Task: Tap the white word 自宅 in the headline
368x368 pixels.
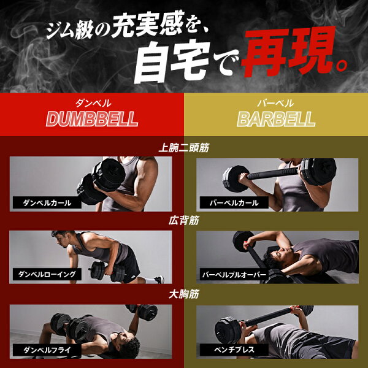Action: (x=172, y=62)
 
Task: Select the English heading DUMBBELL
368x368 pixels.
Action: (x=92, y=119)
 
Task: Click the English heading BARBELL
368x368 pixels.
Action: (x=276, y=119)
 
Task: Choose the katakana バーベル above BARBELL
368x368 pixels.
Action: (x=275, y=103)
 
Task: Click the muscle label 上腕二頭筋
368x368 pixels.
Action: (x=184, y=148)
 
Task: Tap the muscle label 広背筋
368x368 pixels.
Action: (x=184, y=220)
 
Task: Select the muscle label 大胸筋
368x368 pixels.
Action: (x=184, y=294)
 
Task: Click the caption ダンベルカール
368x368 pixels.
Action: (x=47, y=203)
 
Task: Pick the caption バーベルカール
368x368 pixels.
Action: (x=234, y=203)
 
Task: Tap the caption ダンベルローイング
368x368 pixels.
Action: (x=47, y=274)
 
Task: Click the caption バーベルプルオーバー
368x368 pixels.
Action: (x=234, y=275)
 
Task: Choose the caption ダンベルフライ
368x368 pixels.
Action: (x=47, y=350)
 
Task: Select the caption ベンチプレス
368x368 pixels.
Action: (x=234, y=350)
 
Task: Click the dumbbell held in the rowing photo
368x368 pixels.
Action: (x=107, y=271)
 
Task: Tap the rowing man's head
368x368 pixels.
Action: (x=61, y=239)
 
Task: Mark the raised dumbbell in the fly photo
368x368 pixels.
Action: (x=142, y=312)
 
